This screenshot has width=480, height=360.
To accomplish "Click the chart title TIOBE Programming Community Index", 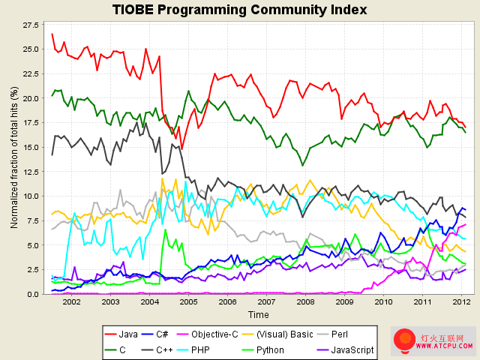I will (x=239, y=10).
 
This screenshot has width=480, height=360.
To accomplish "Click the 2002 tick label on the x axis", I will (x=71, y=302).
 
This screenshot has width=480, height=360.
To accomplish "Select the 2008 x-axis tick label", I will (x=305, y=302).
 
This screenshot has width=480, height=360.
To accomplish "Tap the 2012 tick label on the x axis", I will (x=461, y=302).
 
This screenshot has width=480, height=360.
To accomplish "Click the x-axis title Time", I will (x=258, y=315).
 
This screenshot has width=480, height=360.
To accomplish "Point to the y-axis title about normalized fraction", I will (x=13, y=157).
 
